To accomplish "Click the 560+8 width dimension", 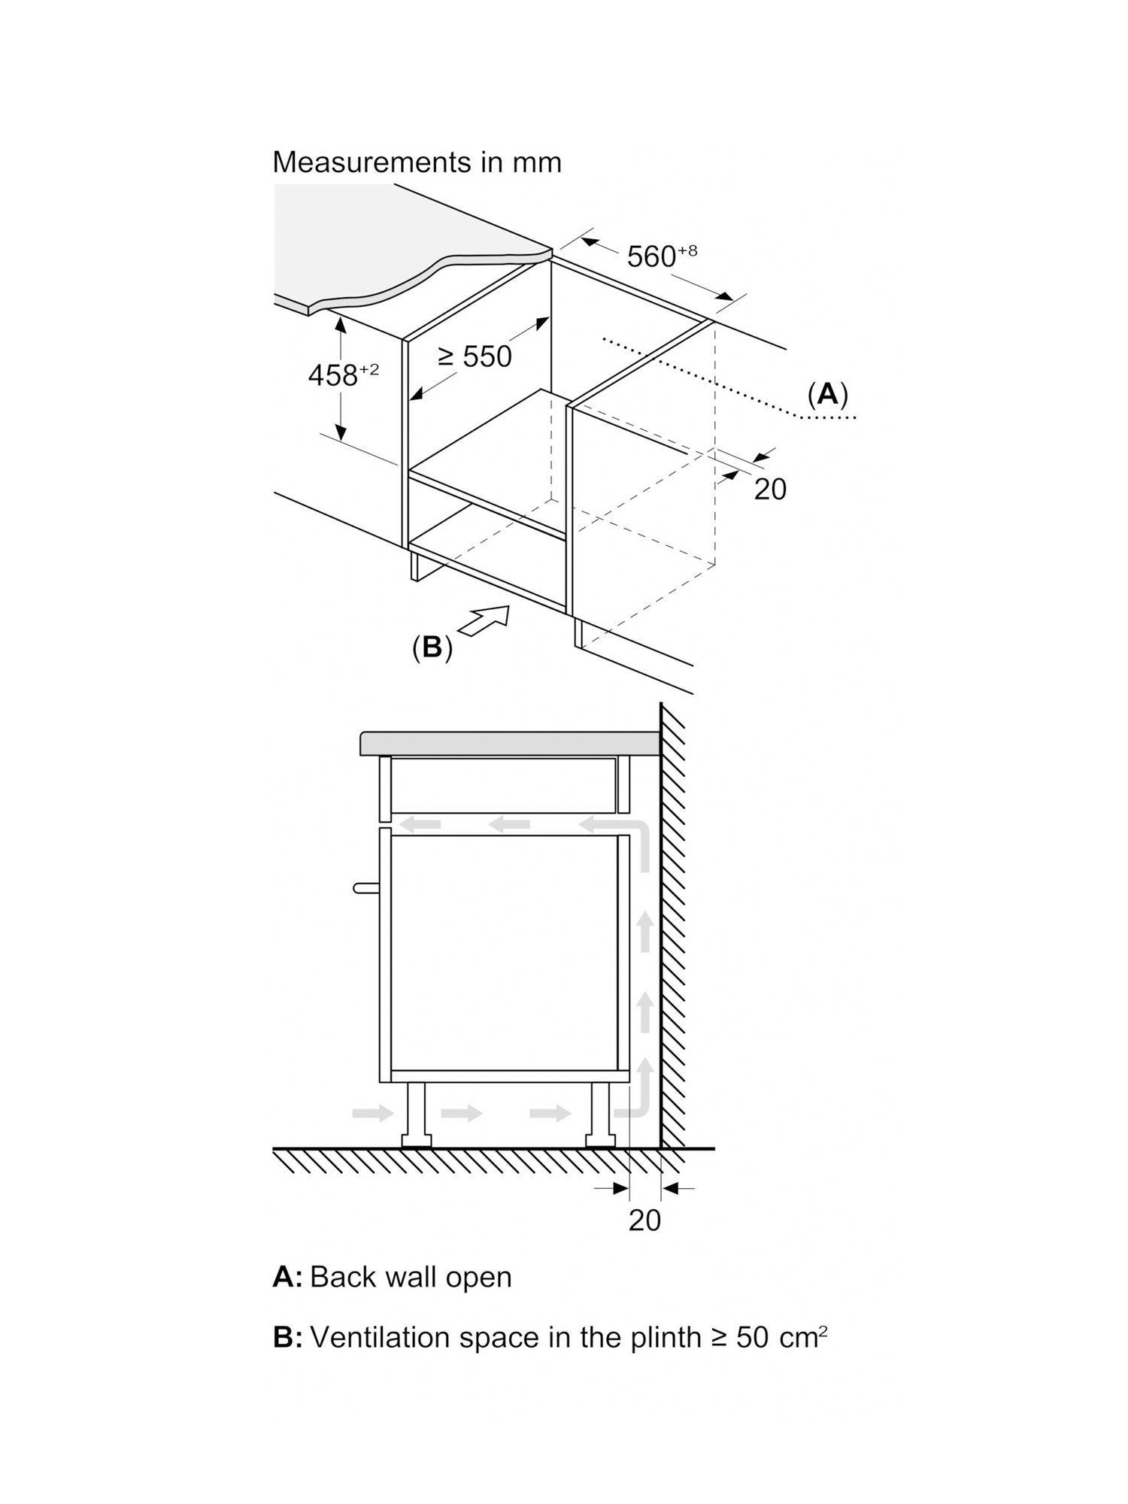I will [x=661, y=256].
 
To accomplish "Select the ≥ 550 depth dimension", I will [x=475, y=356].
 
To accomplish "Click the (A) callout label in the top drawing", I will [x=827, y=393].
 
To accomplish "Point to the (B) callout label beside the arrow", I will [x=432, y=647].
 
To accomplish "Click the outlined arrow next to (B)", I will [x=485, y=622].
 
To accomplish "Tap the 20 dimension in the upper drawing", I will [x=769, y=489].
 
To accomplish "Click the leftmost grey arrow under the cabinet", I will [x=372, y=1112].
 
